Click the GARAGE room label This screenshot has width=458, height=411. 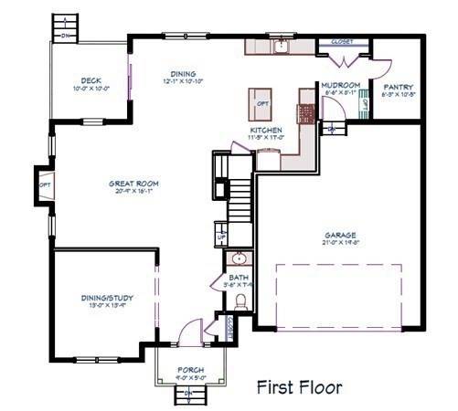coord(339,234)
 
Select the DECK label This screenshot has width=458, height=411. coord(91,80)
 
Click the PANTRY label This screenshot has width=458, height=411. coord(399,87)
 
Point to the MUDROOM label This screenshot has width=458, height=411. coord(340,86)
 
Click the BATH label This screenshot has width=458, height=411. coord(237,278)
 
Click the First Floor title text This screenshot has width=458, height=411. coord(299,387)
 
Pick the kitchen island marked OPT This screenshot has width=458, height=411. coord(262,103)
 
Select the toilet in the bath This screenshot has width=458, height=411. coord(240,301)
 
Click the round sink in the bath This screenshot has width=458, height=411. coord(238,258)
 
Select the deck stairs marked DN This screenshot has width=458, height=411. coord(64,25)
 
